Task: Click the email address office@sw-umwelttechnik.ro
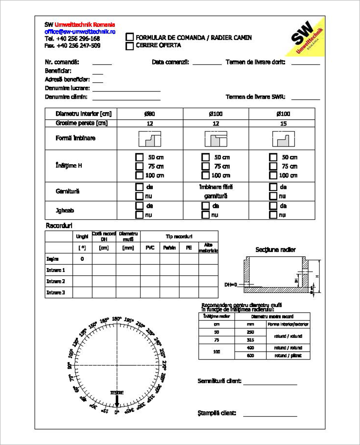coord(80,32)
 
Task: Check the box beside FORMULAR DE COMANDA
coord(130,37)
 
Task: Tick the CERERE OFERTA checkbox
coord(130,46)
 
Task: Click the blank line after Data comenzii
coord(207,64)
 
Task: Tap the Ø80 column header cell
coord(150,114)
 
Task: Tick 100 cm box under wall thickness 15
coord(273,175)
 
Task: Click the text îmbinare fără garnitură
coord(215,192)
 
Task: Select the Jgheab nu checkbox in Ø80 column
coord(140,215)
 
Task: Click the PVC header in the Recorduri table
coord(150,248)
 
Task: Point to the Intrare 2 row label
coord(56,281)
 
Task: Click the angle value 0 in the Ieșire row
coord(82,259)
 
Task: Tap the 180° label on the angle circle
coord(116,319)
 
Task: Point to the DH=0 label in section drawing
coord(231,285)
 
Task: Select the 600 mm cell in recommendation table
coord(250,355)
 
